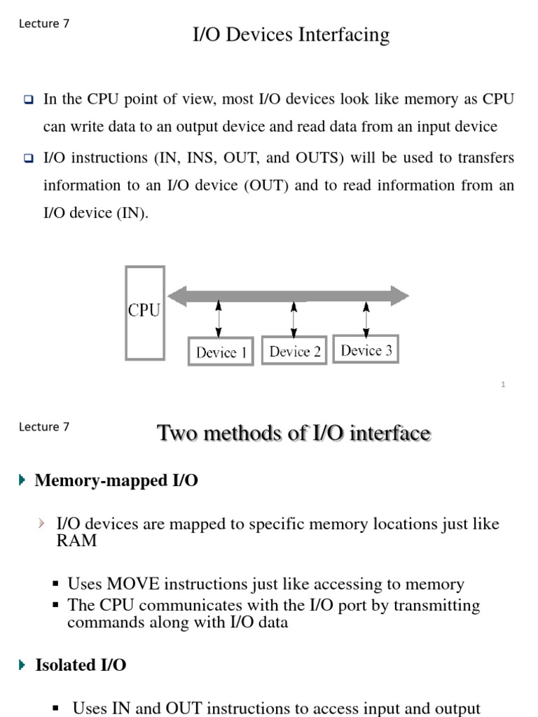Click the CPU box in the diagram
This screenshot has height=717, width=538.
[x=144, y=312]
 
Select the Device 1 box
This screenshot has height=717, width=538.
[x=221, y=351]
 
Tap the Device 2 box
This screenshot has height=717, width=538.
[x=294, y=351]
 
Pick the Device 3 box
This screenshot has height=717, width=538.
[x=366, y=349]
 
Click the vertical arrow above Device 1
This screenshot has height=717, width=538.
[x=219, y=319]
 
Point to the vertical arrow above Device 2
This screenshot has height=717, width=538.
[x=294, y=319]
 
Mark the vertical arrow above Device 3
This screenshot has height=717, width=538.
[x=366, y=319]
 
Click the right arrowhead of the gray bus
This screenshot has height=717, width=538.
[x=400, y=295]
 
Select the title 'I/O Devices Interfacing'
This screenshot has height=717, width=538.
[x=291, y=34]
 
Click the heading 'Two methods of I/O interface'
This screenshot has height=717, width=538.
[x=294, y=433]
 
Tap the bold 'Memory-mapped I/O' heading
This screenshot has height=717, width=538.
[x=116, y=480]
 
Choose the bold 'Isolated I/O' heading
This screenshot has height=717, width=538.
[x=81, y=665]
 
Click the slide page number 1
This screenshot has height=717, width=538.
[x=503, y=384]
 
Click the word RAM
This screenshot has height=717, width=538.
[x=76, y=541]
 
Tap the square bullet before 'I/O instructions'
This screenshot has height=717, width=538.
[x=29, y=159]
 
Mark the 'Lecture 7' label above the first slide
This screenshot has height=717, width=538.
[x=44, y=23]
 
